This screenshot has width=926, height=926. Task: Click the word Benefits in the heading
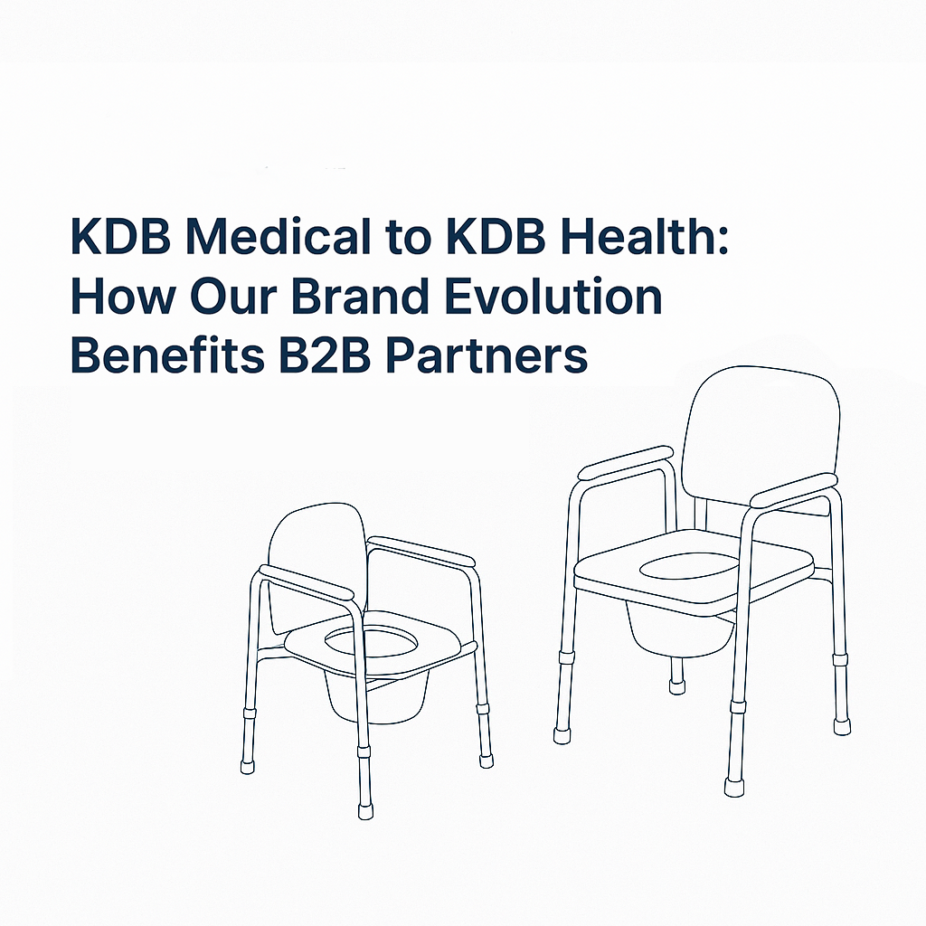150,356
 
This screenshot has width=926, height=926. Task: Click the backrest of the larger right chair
760,434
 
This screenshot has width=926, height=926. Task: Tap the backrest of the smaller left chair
312,561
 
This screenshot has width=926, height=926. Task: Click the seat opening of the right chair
687,568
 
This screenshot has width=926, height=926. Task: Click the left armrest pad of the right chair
626,461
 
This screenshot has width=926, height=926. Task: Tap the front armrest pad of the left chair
306,583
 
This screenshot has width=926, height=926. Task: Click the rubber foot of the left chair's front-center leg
365,810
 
